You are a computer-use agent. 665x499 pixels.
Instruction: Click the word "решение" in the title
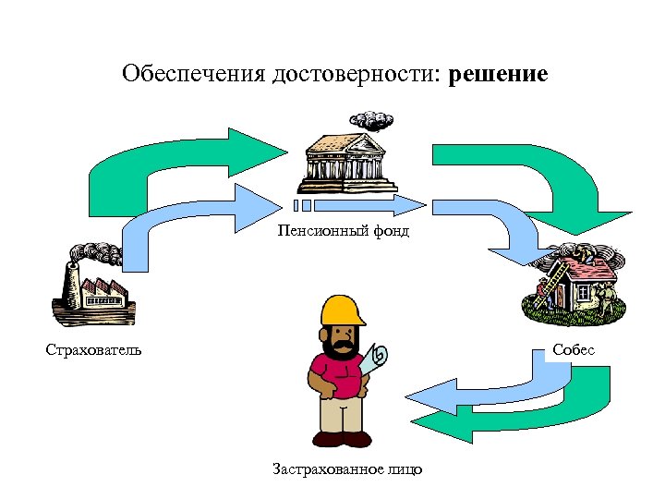498,74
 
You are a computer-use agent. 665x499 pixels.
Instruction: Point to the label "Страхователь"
93,350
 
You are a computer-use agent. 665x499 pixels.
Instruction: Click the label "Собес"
574,350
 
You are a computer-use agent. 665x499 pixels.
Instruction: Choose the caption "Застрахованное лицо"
347,470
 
